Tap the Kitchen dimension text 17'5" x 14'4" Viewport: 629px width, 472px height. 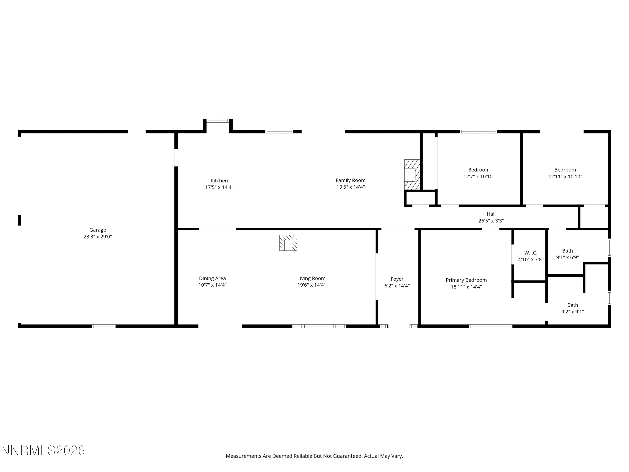[219, 187]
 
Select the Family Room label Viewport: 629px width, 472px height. [351, 180]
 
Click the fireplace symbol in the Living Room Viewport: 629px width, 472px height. [288, 243]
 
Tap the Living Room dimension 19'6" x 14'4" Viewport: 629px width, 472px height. [311, 285]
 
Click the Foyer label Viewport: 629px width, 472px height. [397, 279]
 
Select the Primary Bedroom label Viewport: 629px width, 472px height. [466, 280]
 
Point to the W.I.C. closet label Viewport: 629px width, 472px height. [531, 253]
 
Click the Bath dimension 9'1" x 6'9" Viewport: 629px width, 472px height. [568, 257]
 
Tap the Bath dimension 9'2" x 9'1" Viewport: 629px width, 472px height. [573, 312]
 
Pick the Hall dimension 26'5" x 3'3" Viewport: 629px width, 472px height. [491, 220]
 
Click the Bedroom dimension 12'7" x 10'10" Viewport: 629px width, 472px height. [479, 176]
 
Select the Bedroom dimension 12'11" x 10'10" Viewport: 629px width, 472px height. [565, 176]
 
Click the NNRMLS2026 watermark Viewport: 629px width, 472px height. [43, 450]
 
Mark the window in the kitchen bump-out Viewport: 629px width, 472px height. [218, 121]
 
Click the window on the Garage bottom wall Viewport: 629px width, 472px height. [104, 326]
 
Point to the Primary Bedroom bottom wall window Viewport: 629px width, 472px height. [491, 326]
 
